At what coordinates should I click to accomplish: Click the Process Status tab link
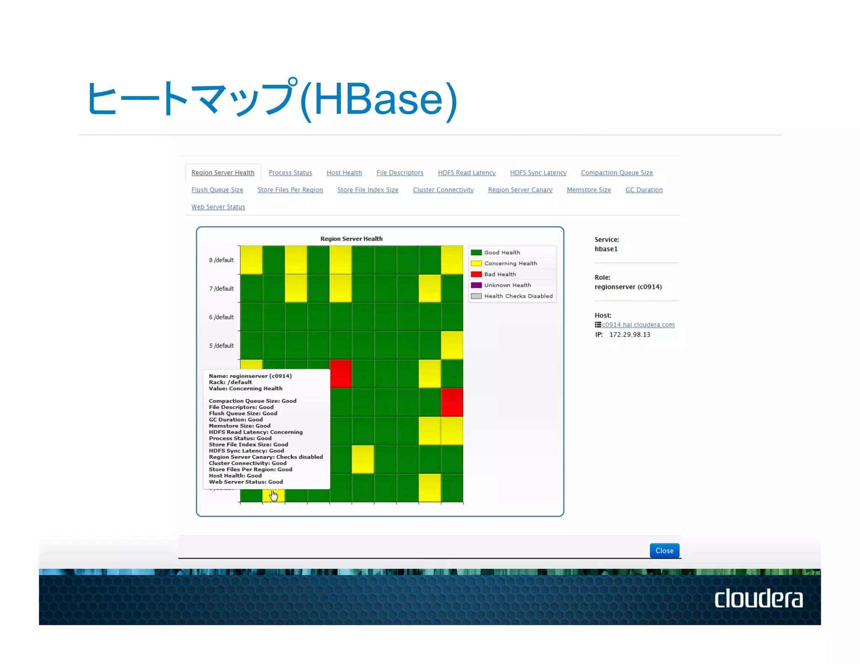point(290,173)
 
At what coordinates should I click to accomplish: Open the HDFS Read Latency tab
point(467,173)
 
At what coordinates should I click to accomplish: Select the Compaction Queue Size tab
point(616,173)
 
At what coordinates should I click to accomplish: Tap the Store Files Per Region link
point(290,190)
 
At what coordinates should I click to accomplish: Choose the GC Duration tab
point(644,190)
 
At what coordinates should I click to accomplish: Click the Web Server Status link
point(218,207)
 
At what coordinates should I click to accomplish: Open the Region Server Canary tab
point(520,190)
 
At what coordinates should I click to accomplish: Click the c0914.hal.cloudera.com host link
point(638,325)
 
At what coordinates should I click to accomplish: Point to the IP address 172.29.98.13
point(629,335)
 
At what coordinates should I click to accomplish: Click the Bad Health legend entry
point(500,274)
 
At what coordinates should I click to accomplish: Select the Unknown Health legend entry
point(507,285)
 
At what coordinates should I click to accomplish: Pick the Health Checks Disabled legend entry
point(518,296)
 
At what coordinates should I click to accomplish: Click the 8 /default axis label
point(221,260)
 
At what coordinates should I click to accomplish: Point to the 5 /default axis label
point(221,345)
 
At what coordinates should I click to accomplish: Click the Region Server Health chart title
point(351,238)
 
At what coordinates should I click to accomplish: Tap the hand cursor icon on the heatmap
point(274,496)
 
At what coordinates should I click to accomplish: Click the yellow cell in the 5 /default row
point(452,345)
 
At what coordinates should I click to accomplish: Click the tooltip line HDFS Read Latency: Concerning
point(255,432)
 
